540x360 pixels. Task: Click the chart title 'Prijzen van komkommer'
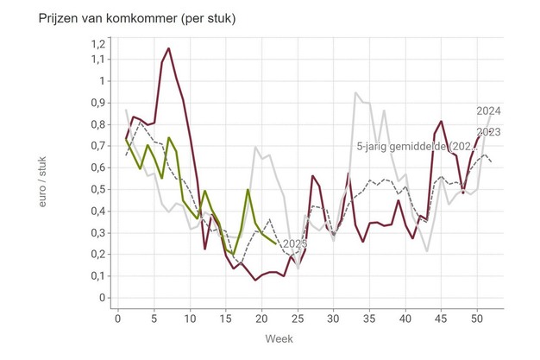click(125, 17)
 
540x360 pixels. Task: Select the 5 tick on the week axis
click(154, 319)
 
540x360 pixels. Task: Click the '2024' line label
click(489, 111)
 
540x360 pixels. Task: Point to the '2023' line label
click(489, 132)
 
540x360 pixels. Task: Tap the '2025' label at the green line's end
click(294, 244)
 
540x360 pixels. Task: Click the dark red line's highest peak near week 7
click(168, 48)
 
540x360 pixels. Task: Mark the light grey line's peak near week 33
click(356, 92)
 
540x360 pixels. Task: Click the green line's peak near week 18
click(248, 189)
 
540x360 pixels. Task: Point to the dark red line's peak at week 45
click(442, 121)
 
